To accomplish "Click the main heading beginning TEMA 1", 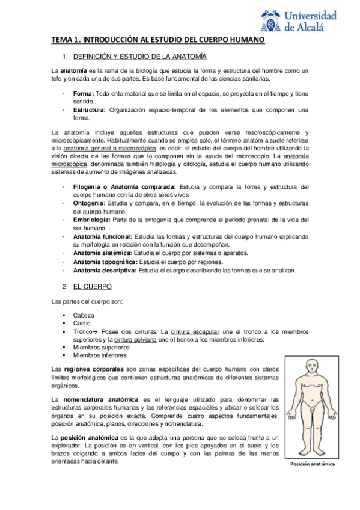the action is coord(157,40).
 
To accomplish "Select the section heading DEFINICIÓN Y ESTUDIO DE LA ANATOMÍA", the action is coord(139,57).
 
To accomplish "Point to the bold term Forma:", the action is coord(84,95).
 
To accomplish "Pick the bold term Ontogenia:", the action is coord(91,203).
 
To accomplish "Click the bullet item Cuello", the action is coord(82,323).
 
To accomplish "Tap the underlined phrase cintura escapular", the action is coord(195,331).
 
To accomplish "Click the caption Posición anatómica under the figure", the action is coord(312,464).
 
